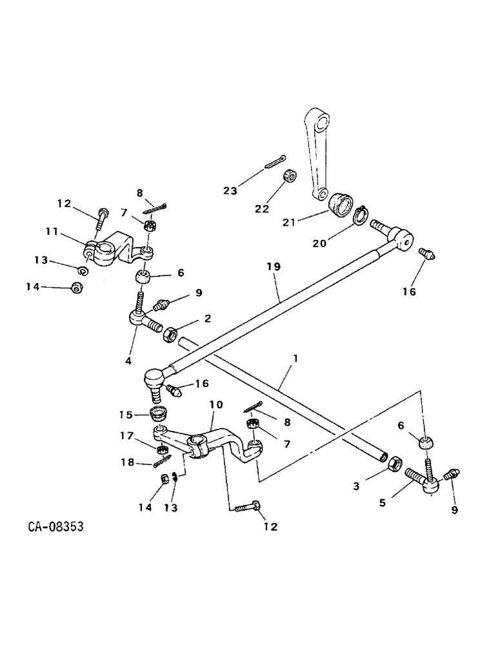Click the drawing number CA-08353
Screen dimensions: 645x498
pyautogui.click(x=55, y=527)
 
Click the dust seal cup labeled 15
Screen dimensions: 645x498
pyautogui.click(x=158, y=413)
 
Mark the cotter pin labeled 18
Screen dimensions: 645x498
pyautogui.click(x=161, y=462)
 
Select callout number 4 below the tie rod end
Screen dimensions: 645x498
pyautogui.click(x=128, y=361)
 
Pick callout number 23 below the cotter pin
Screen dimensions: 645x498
pyautogui.click(x=230, y=191)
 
